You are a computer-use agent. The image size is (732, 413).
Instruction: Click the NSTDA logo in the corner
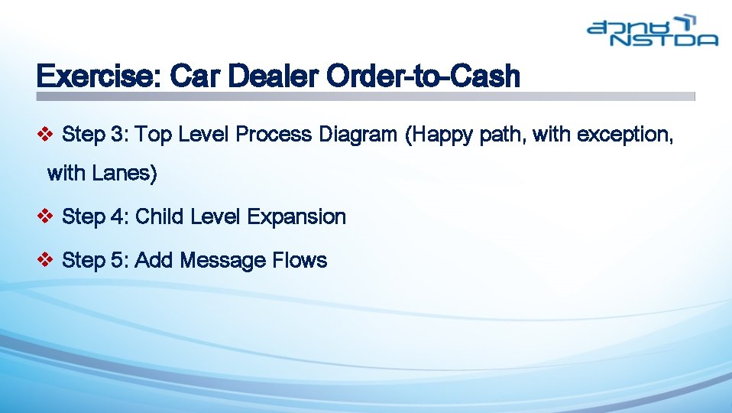[x=653, y=31]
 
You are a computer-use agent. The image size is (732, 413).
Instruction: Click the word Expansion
[x=296, y=217]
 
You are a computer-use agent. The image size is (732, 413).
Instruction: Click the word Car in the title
[x=193, y=76]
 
